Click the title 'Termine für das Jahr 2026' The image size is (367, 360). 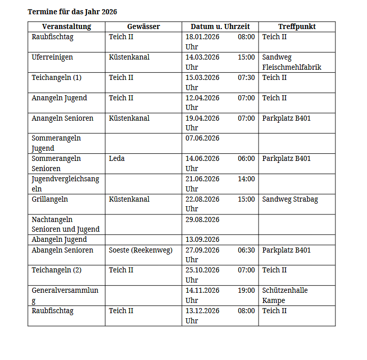point(72,11)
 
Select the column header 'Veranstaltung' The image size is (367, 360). point(67,27)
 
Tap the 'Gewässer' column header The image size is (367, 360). point(144,27)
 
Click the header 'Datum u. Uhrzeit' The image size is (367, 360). point(220,27)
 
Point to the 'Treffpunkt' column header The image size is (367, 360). point(297,27)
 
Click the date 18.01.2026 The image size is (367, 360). point(203,37)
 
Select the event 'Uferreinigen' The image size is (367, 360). point(52,58)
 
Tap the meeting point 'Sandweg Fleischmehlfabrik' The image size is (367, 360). point(292,62)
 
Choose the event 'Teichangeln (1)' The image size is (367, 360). point(57,78)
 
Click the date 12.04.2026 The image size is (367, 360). point(203,98)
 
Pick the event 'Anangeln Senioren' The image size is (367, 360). point(63,118)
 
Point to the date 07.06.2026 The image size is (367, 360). point(203,139)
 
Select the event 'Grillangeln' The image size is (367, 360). point(50,199)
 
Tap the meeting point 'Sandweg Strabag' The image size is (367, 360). point(290,199)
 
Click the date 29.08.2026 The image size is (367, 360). point(203,219)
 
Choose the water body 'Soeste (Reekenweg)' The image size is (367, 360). point(140,250)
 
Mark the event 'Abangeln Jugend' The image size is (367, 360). point(59,240)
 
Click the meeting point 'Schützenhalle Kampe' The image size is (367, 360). point(285,295)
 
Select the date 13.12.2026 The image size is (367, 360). point(203,311)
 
